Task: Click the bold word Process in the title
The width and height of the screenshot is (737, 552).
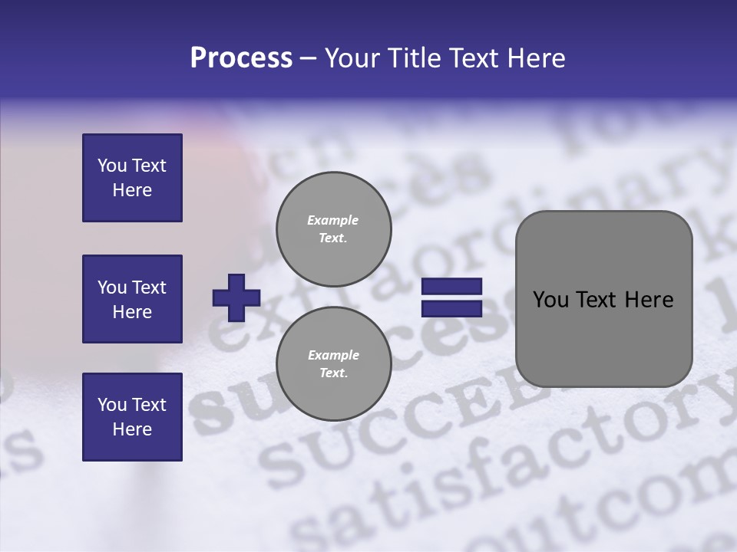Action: (241, 58)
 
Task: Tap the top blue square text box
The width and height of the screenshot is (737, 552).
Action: (132, 178)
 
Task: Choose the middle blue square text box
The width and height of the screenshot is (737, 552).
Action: (132, 299)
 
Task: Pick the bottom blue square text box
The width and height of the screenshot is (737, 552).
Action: (132, 417)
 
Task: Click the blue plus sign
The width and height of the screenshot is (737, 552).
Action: (236, 297)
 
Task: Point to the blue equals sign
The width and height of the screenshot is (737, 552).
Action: (451, 297)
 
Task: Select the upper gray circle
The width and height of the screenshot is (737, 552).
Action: (333, 228)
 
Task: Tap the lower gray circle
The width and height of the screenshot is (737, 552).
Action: (333, 363)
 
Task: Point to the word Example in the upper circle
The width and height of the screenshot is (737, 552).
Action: (332, 220)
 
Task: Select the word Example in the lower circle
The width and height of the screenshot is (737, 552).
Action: (333, 355)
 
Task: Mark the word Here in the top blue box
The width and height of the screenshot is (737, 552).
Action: (132, 190)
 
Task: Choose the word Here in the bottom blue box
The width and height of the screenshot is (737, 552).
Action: (132, 429)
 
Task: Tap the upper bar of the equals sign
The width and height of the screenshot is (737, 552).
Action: (451, 287)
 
